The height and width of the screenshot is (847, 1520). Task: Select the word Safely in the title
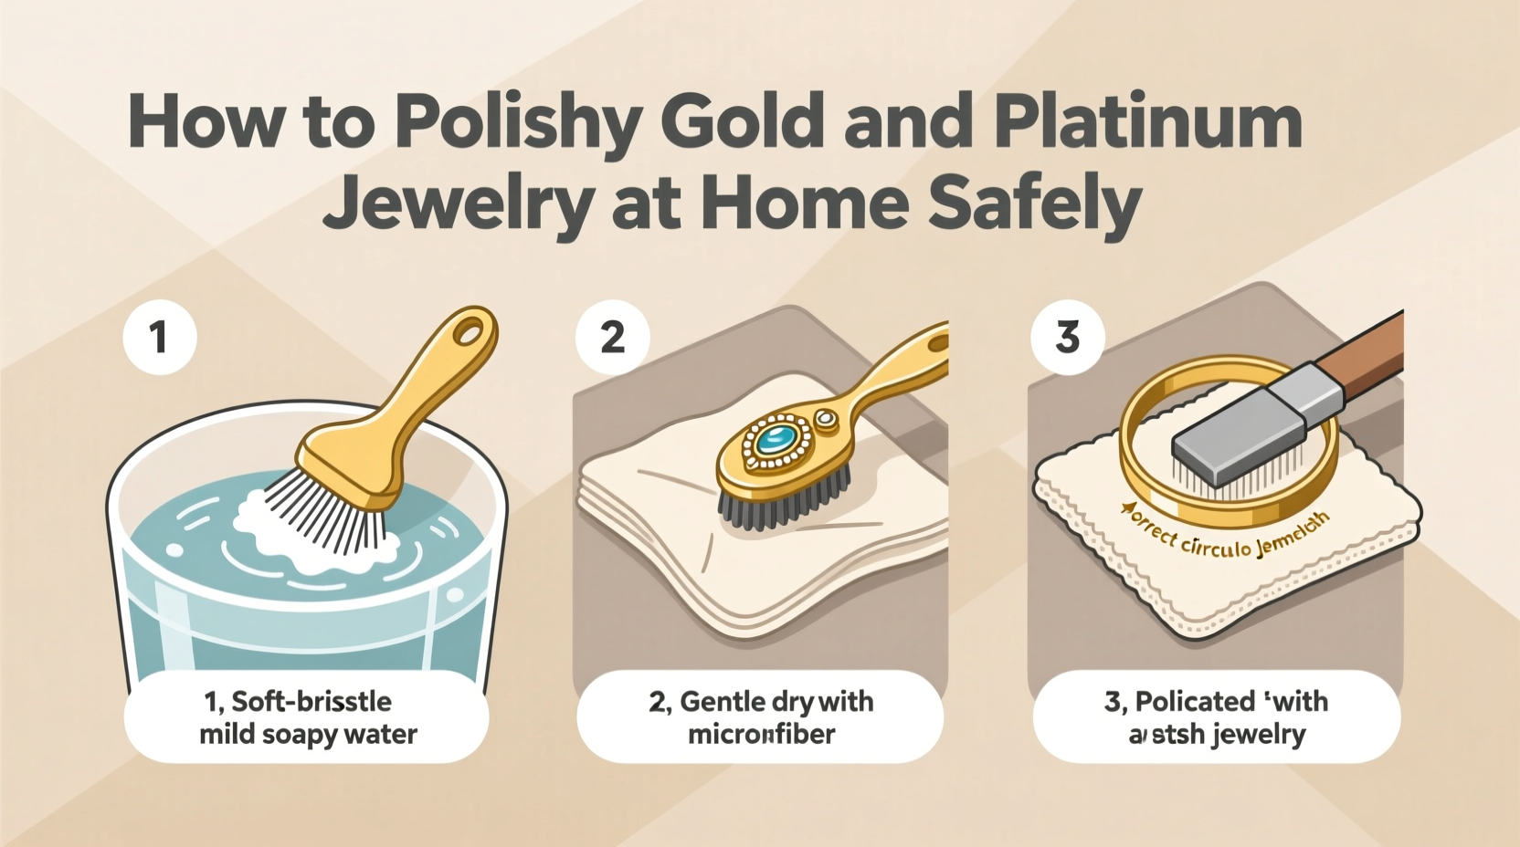click(1035, 203)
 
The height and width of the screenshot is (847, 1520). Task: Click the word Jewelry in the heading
click(457, 203)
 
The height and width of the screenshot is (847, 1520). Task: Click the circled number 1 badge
click(160, 337)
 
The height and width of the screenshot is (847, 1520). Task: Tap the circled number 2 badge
click(612, 338)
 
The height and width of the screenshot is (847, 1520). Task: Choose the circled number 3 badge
click(1067, 338)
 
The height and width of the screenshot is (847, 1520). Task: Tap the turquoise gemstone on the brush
click(775, 440)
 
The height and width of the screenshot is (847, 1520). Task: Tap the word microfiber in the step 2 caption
click(761, 734)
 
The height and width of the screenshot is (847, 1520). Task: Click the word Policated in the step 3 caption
click(1195, 702)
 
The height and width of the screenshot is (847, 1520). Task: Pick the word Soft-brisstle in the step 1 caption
click(311, 702)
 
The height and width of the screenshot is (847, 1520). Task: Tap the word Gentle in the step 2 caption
click(723, 702)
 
